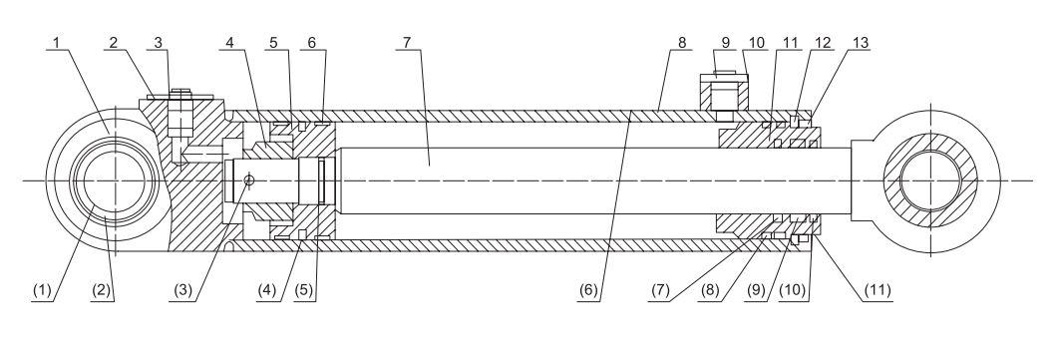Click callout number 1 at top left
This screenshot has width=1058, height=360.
57,43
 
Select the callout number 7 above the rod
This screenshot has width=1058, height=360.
406,43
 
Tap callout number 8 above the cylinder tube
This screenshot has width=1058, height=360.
682,43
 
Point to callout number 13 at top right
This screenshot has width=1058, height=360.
861,43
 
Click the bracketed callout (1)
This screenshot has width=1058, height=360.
42,291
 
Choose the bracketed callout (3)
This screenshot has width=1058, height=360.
183,291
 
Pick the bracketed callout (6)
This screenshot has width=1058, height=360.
588,291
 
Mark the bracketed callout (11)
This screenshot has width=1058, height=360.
878,291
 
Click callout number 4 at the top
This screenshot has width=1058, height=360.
229,43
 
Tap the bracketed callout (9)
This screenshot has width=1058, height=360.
755,291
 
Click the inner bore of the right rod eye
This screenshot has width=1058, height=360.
929,180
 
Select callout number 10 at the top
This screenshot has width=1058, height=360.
757,43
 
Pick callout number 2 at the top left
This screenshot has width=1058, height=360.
114,43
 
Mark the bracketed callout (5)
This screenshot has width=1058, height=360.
305,291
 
